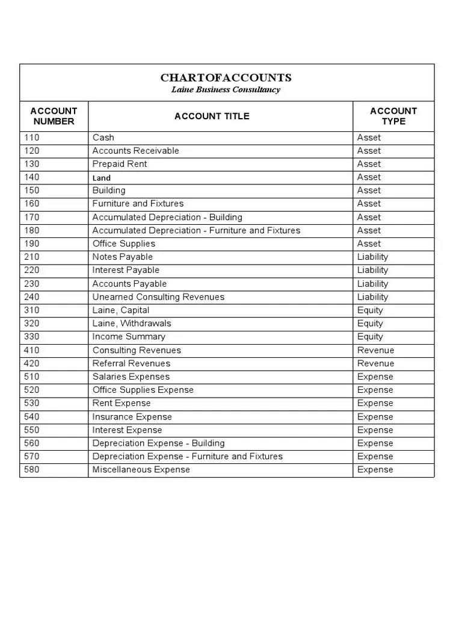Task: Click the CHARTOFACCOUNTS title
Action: tap(226, 78)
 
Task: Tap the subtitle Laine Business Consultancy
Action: tap(226, 90)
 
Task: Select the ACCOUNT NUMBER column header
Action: tap(54, 116)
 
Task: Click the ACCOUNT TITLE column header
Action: tap(212, 116)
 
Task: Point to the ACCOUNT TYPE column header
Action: tap(393, 116)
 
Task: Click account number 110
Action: tap(31, 137)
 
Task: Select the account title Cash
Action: tap(103, 137)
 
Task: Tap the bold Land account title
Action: tap(102, 178)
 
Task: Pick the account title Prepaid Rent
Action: tap(120, 164)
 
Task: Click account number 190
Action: tap(31, 243)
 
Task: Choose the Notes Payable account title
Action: tap(123, 257)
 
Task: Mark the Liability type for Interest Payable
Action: tap(372, 270)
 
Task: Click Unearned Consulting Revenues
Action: tap(158, 297)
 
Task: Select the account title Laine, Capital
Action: tap(121, 310)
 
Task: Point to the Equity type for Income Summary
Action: tap(370, 337)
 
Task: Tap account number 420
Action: tap(31, 363)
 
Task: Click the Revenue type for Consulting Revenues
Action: tap(375, 350)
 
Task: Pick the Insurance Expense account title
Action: tap(132, 417)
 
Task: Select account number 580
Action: tap(31, 469)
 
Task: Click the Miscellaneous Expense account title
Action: tap(141, 469)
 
